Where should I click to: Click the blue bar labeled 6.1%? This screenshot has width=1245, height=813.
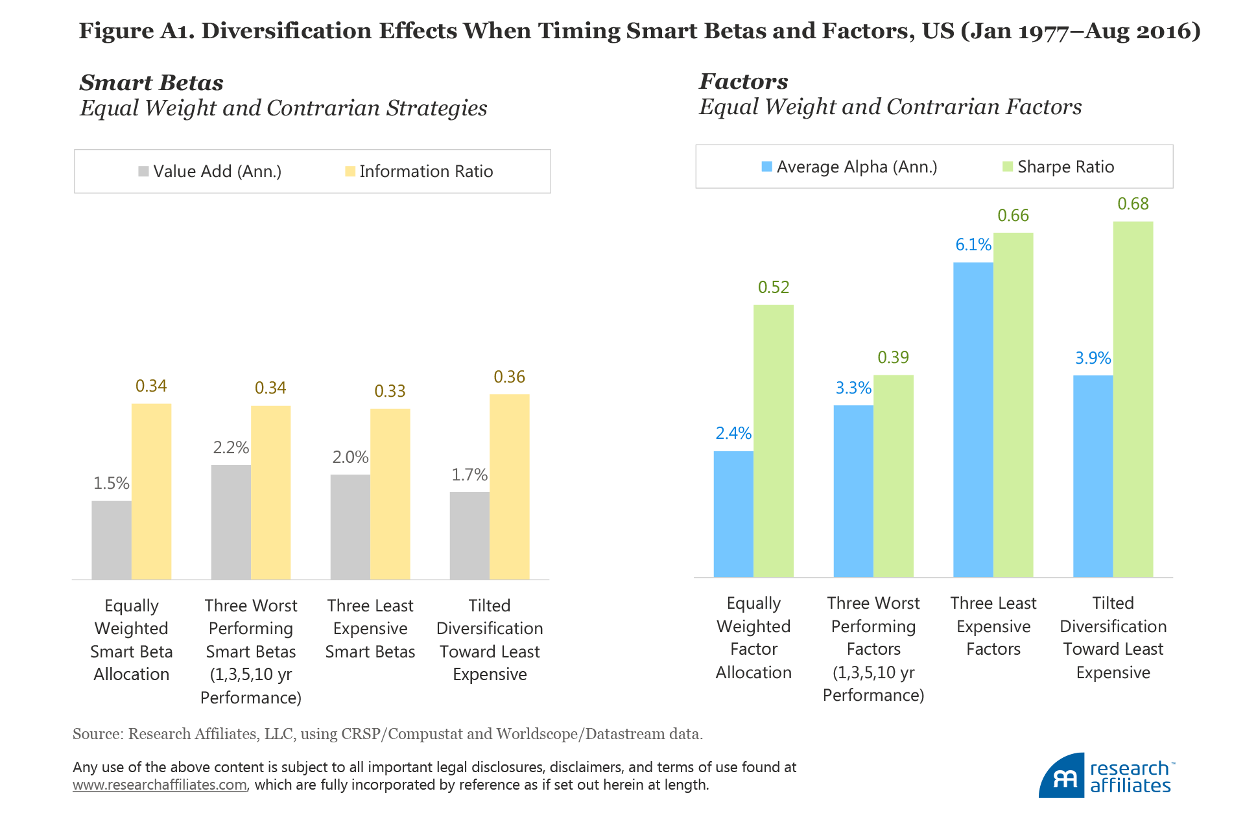pos(973,419)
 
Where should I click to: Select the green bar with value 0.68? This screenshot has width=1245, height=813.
pos(1133,399)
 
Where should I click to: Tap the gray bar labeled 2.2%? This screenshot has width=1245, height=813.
pos(231,522)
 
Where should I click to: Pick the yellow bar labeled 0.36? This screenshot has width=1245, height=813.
pos(509,486)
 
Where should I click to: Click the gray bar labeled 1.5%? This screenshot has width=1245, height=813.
pos(112,540)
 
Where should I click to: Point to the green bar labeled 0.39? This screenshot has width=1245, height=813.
pos(893,476)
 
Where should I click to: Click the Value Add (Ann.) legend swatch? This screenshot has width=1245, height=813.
pos(143,172)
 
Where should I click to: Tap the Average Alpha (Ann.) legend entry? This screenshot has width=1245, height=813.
pos(849,167)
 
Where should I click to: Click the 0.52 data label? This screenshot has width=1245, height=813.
pos(774,287)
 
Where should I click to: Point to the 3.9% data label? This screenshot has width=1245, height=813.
pos(1093,358)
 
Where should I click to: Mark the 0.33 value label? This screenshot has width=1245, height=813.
pos(390,391)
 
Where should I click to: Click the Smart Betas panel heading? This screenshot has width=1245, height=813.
pos(152,83)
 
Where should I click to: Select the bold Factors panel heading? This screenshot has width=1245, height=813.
pos(744,82)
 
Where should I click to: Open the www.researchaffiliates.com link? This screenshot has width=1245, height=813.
pos(160,785)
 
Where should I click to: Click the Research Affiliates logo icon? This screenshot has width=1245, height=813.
pos(1061,776)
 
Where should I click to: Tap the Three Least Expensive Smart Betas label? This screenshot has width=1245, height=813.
pos(370,628)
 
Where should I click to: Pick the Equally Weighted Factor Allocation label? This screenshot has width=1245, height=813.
pos(753,637)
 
